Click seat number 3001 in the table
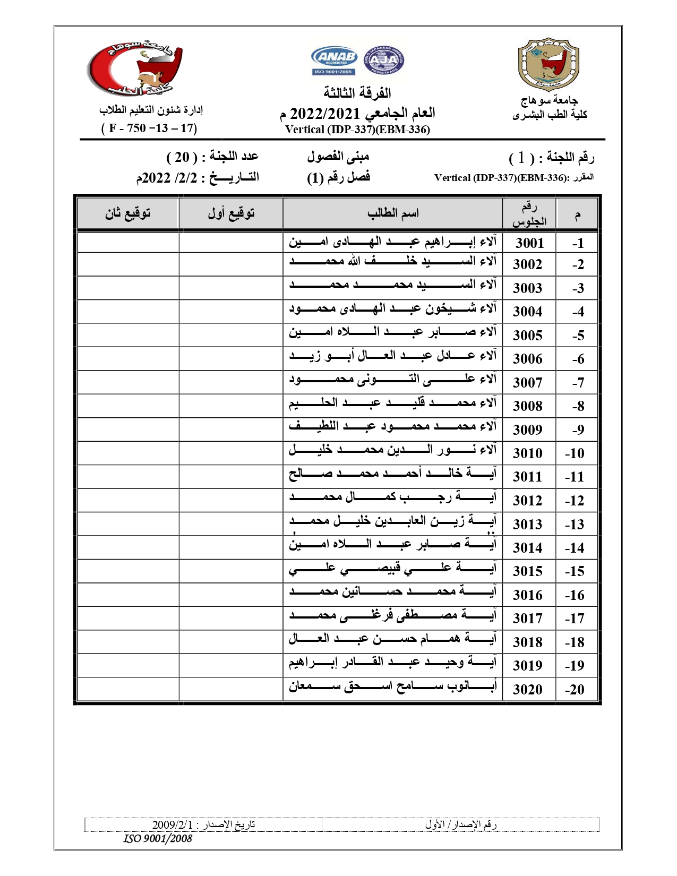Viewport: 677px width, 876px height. [529, 243]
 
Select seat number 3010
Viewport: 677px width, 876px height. [527, 453]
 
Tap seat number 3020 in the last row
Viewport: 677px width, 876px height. [527, 689]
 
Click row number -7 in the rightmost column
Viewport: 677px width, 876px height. [578, 382]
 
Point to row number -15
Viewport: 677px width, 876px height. [575, 571]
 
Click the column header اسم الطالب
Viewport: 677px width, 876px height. [393, 213]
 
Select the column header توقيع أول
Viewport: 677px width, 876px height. [231, 213]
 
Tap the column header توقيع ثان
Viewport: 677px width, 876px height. [127, 213]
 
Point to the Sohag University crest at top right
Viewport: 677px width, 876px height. [548, 64]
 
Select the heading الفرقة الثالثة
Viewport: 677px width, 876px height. [357, 93]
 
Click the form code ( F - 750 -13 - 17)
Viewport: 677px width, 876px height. [149, 128]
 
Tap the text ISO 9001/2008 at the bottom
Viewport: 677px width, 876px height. [158, 839]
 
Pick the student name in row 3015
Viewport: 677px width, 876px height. [392, 569]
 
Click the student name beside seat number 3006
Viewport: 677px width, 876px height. [392, 356]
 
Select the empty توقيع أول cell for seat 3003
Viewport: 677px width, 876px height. [231, 288]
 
